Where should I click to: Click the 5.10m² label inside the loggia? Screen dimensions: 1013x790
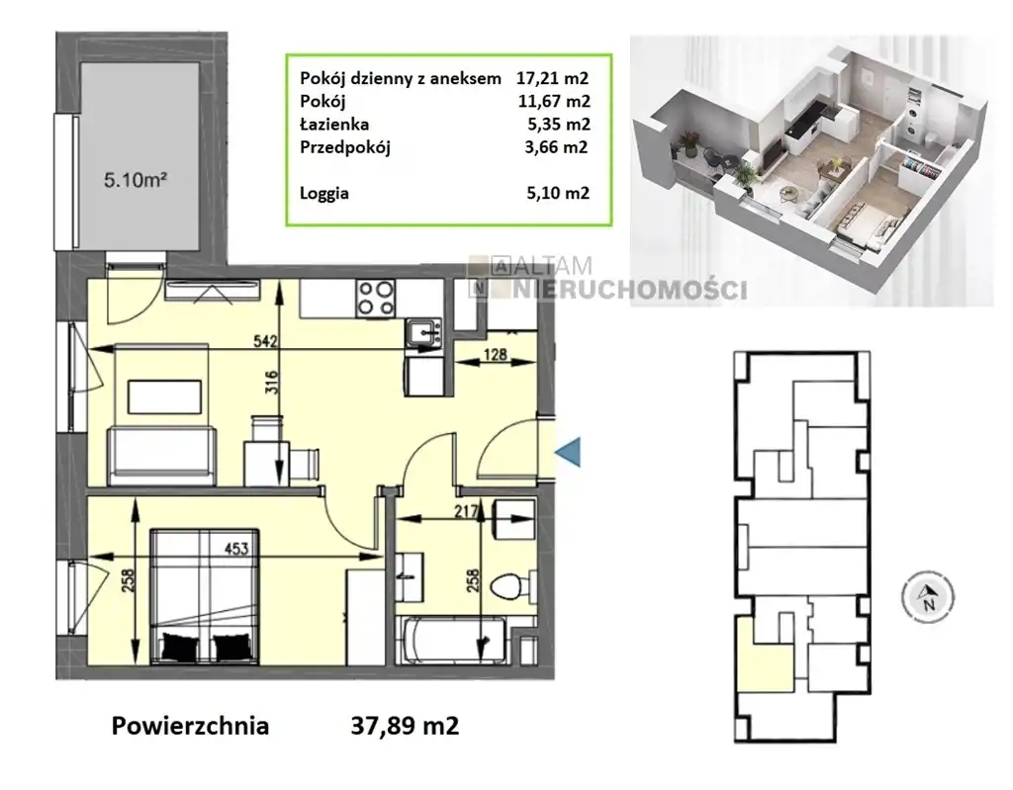(136, 179)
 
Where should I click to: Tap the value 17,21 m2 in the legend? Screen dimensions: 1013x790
(552, 79)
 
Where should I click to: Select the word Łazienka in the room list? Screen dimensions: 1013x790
(334, 124)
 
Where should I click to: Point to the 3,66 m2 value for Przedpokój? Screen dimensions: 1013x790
(557, 147)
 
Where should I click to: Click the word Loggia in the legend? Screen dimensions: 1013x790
(324, 194)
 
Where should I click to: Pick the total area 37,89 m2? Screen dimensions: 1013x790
(405, 726)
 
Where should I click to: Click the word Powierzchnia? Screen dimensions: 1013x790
(190, 726)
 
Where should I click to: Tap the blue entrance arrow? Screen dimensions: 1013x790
(569, 452)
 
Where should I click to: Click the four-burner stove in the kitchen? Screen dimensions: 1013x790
(376, 299)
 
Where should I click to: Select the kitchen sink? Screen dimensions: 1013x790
(423, 333)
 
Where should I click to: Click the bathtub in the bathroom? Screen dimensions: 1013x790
(453, 640)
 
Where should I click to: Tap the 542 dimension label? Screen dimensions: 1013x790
(265, 340)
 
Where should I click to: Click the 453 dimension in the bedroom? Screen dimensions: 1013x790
(235, 549)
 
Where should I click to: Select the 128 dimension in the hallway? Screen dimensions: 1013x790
(495, 354)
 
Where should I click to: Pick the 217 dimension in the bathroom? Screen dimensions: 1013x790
(466, 511)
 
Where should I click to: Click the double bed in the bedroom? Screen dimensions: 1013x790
(205, 597)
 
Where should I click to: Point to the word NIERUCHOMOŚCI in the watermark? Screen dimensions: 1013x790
(630, 290)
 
